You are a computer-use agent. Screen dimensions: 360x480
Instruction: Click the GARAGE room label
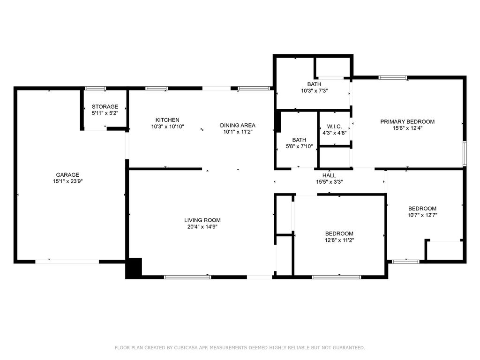click(67, 175)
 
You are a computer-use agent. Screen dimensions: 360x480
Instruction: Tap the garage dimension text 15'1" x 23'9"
click(67, 181)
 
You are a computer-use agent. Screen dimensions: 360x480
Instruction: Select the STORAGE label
click(105, 106)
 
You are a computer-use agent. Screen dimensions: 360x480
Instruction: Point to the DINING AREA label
click(238, 125)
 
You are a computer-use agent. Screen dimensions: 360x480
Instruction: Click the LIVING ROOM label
click(202, 220)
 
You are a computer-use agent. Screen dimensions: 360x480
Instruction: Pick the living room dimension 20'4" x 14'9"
click(202, 226)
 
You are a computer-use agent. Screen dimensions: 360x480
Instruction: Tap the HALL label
click(329, 175)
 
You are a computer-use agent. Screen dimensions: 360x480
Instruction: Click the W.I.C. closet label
click(334, 127)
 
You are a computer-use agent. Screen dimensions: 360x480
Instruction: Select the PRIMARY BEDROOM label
click(407, 121)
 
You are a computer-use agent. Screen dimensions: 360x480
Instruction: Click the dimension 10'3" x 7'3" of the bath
click(314, 90)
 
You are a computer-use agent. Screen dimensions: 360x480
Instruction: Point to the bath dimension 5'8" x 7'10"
click(299, 146)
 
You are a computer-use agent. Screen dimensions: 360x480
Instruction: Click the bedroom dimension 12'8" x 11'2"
click(339, 240)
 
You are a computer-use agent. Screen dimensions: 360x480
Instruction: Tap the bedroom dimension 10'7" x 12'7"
click(422, 215)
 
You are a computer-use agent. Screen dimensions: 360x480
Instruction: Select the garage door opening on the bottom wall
click(67, 261)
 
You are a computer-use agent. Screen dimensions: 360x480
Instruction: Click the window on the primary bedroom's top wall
click(393, 77)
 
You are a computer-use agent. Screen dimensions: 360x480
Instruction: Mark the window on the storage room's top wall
click(95, 88)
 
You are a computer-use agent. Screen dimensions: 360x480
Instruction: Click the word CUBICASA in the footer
click(185, 348)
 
